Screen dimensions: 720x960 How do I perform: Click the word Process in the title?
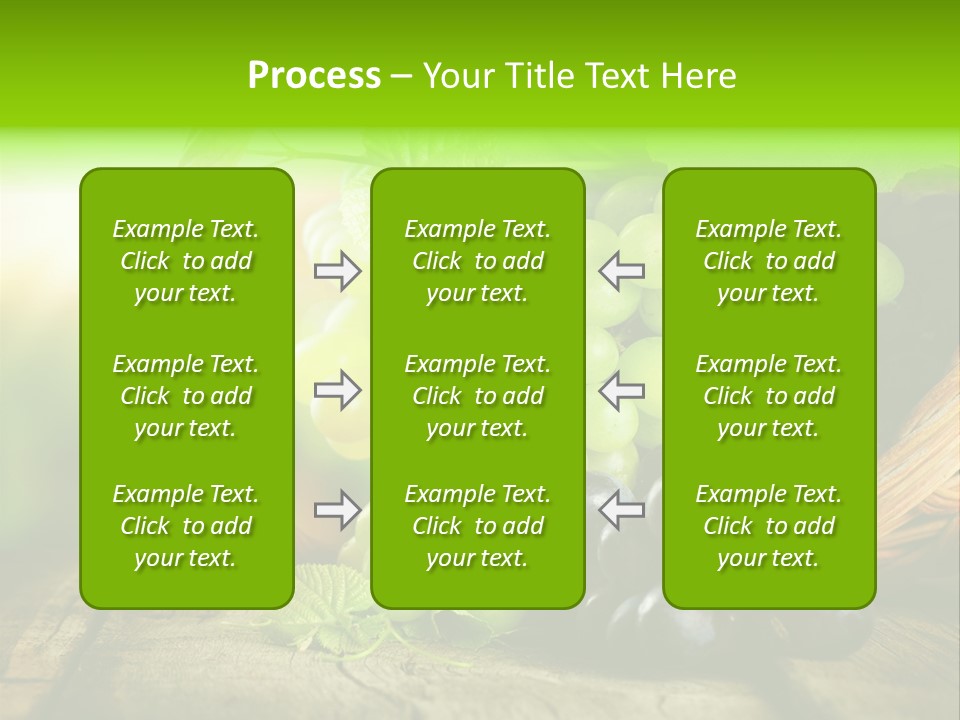[x=314, y=76]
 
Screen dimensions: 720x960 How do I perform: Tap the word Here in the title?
[x=698, y=76]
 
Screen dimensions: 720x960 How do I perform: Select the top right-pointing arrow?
[x=338, y=271]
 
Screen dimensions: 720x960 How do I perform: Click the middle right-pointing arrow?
[x=338, y=390]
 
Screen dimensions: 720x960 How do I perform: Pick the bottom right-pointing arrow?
[x=338, y=510]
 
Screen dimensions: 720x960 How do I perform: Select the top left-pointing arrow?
[x=621, y=271]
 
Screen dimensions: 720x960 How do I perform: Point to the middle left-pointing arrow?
[x=621, y=390]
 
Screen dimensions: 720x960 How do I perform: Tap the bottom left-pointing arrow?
[x=621, y=510]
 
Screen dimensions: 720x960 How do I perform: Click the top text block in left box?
[x=186, y=261]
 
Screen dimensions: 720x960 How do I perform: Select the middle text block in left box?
[x=186, y=396]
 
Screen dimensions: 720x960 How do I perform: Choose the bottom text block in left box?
[x=186, y=526]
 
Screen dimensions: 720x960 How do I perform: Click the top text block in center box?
[x=477, y=261]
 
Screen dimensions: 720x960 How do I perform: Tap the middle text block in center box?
[x=477, y=396]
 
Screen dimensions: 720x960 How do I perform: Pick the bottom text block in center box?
[x=477, y=526]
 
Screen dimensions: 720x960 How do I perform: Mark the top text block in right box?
[x=768, y=261]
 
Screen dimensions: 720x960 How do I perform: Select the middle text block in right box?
[x=768, y=396]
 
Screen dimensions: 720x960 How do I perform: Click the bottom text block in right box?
[x=768, y=526]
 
